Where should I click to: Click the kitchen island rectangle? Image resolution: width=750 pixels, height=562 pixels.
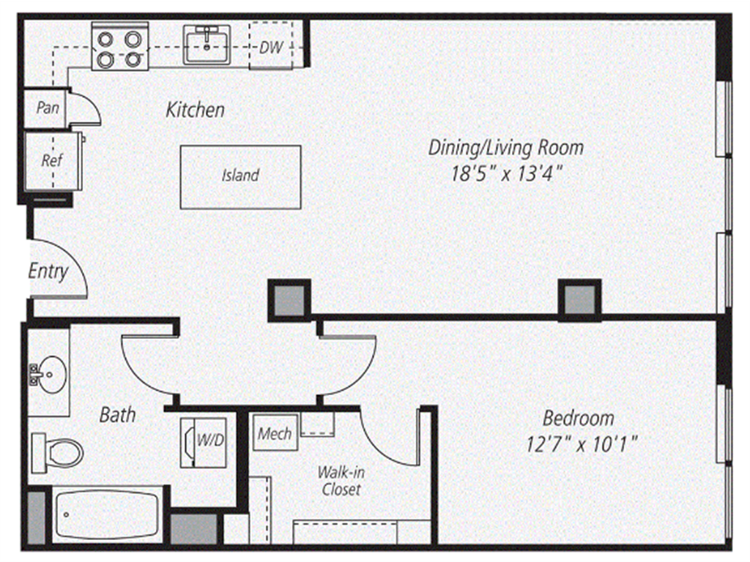(240, 176)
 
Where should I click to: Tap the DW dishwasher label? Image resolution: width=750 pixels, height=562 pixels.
(271, 48)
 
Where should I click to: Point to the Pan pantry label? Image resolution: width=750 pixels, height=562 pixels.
(48, 108)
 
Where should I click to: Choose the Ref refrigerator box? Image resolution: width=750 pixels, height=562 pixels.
(51, 160)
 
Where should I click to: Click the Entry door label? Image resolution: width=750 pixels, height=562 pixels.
(48, 271)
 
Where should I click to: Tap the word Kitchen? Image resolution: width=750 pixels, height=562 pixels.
(195, 110)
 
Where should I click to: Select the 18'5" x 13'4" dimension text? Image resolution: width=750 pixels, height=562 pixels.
(506, 174)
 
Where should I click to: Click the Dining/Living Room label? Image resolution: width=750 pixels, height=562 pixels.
(506, 147)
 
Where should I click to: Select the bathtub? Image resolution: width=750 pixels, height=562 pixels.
(107, 515)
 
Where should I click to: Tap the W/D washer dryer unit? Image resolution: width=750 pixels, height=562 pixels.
(203, 441)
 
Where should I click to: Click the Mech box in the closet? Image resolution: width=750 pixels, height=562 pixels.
(275, 434)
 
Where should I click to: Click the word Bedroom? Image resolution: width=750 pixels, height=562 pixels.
(578, 419)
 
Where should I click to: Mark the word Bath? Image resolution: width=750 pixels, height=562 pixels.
(117, 415)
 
